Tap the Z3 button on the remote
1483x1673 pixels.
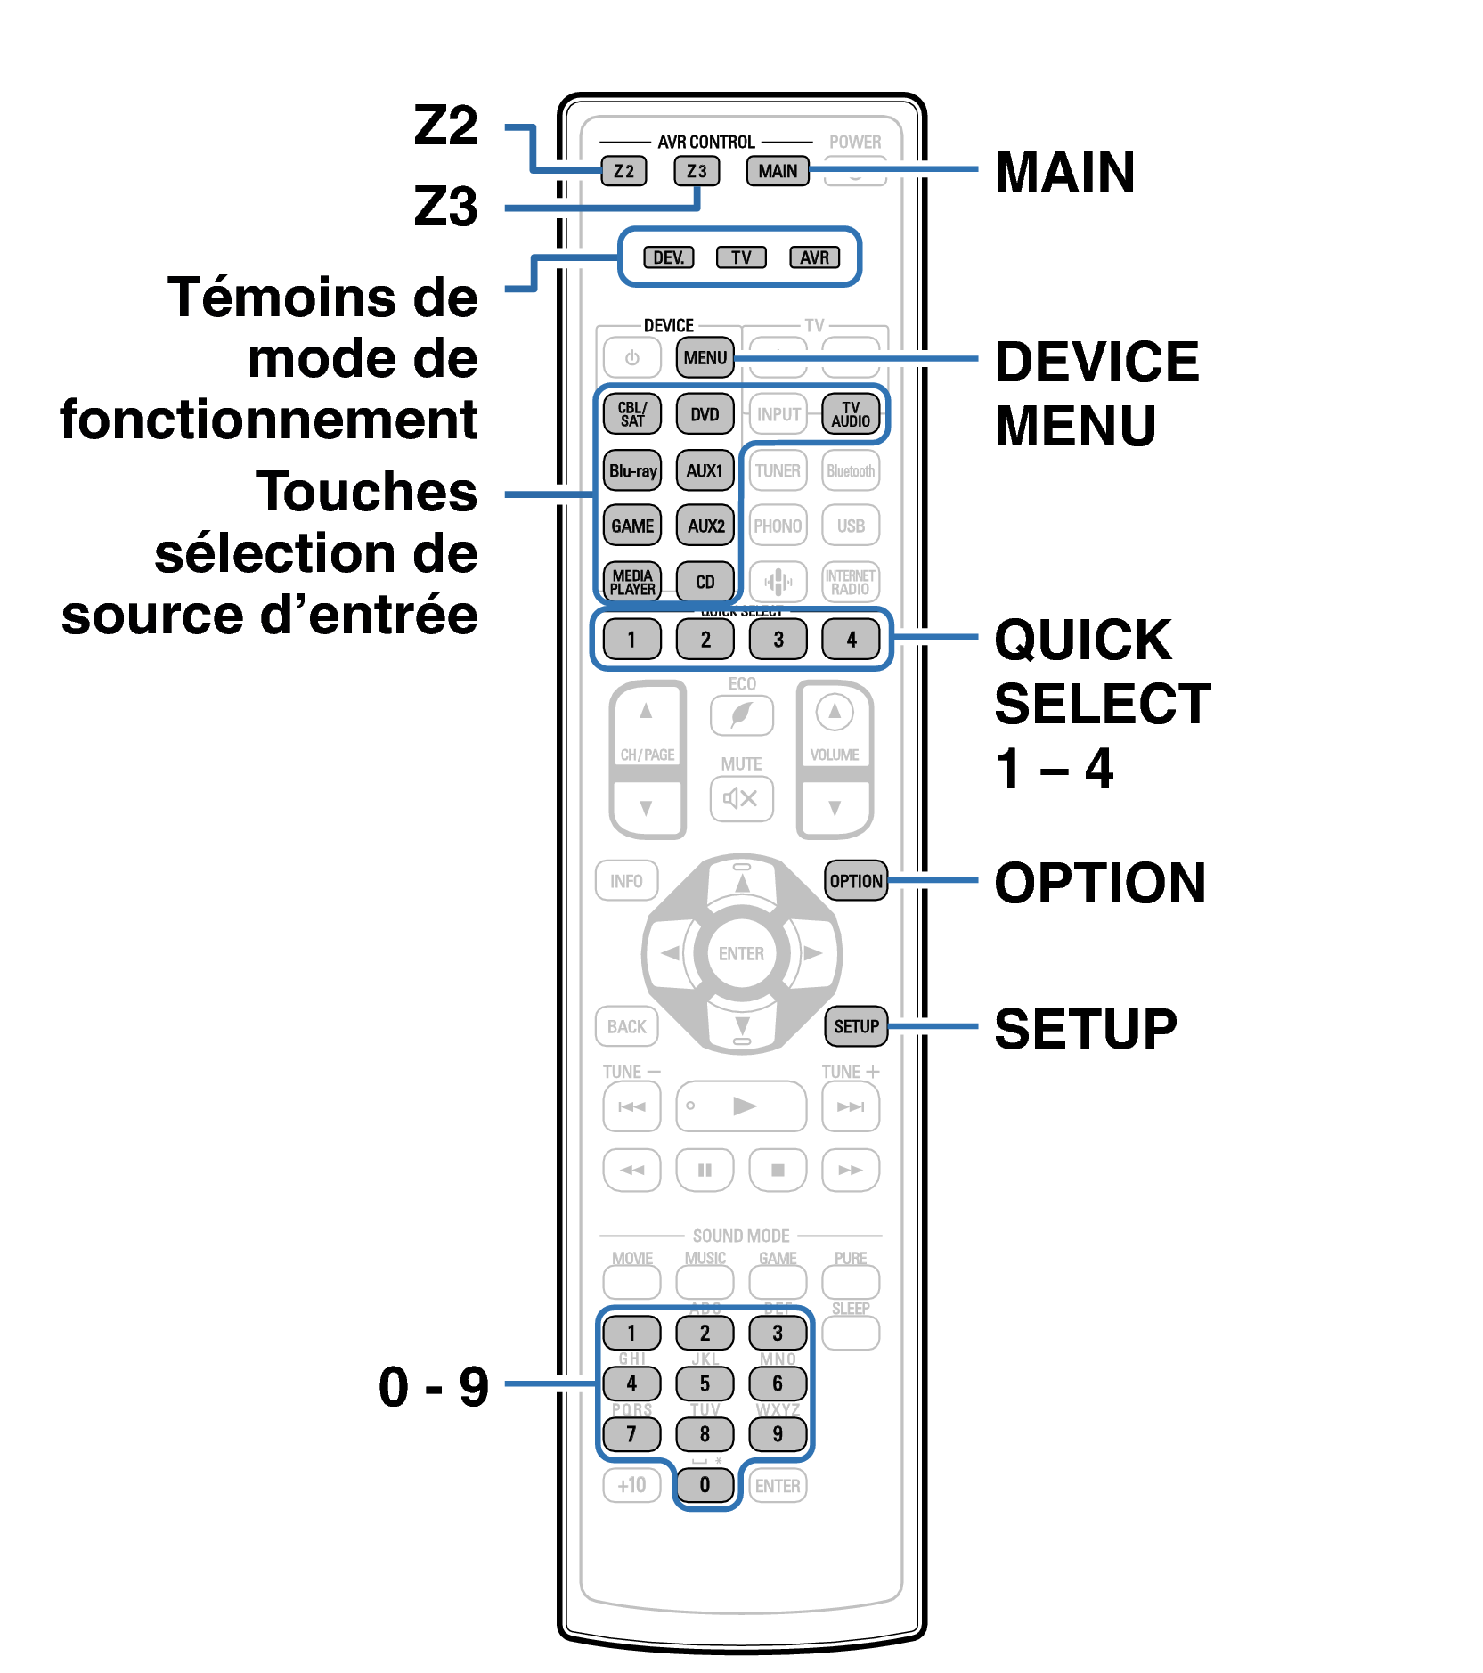pos(696,171)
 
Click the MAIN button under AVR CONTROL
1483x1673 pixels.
pos(778,171)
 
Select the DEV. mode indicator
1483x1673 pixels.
pos(668,257)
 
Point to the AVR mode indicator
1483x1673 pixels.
pos(814,257)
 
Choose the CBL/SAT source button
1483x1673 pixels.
pos(632,414)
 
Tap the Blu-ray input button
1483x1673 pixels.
pos(632,470)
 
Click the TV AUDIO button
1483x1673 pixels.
pos(851,414)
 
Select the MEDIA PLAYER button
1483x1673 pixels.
pos(632,582)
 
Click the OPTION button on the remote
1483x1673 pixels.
pos(856,881)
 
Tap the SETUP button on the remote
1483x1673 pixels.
pos(856,1026)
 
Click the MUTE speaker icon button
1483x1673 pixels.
pos(741,798)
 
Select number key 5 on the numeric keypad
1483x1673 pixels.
pos(705,1383)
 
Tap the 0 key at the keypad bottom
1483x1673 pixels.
pos(705,1485)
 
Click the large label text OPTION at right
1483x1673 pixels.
pos(1100,883)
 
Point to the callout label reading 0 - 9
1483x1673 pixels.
pos(434,1387)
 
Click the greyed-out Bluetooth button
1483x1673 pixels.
pos(851,470)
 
